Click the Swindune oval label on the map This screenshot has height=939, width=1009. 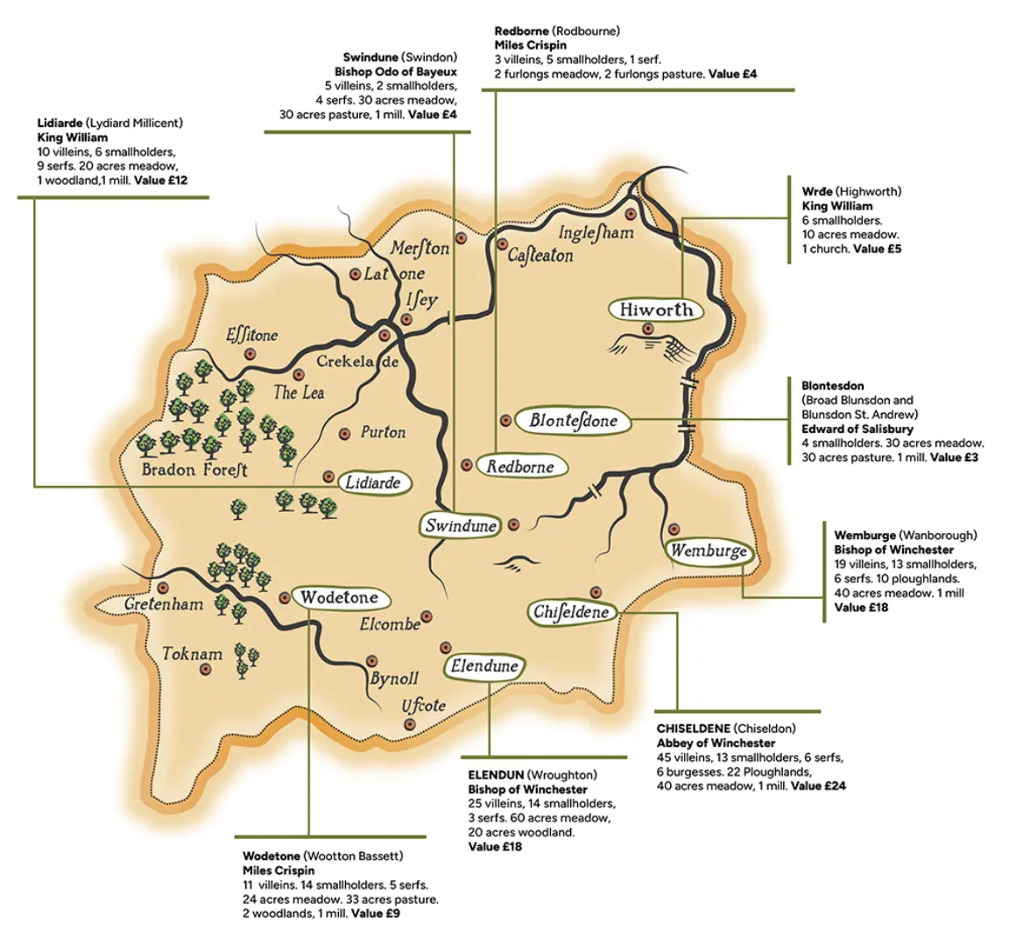[x=461, y=526]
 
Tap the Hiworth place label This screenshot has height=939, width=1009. [x=656, y=309]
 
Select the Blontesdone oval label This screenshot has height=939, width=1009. [x=573, y=421]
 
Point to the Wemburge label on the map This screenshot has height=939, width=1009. [x=709, y=551]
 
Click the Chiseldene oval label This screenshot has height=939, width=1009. [x=571, y=612]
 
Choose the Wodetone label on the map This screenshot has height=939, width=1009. [x=339, y=598]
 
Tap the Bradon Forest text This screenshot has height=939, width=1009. [x=194, y=470]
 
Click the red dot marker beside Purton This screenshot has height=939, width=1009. [x=343, y=433]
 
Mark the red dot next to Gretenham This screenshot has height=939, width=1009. [x=162, y=587]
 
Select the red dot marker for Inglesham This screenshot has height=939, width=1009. [x=630, y=213]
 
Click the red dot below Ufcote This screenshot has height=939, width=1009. [x=409, y=724]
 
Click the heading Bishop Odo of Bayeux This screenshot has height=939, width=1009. [x=395, y=72]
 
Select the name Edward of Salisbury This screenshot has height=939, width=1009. [x=857, y=429]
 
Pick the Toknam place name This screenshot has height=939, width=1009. [x=192, y=654]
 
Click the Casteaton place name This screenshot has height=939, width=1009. [x=540, y=256]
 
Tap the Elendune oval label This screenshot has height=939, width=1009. [x=484, y=666]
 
